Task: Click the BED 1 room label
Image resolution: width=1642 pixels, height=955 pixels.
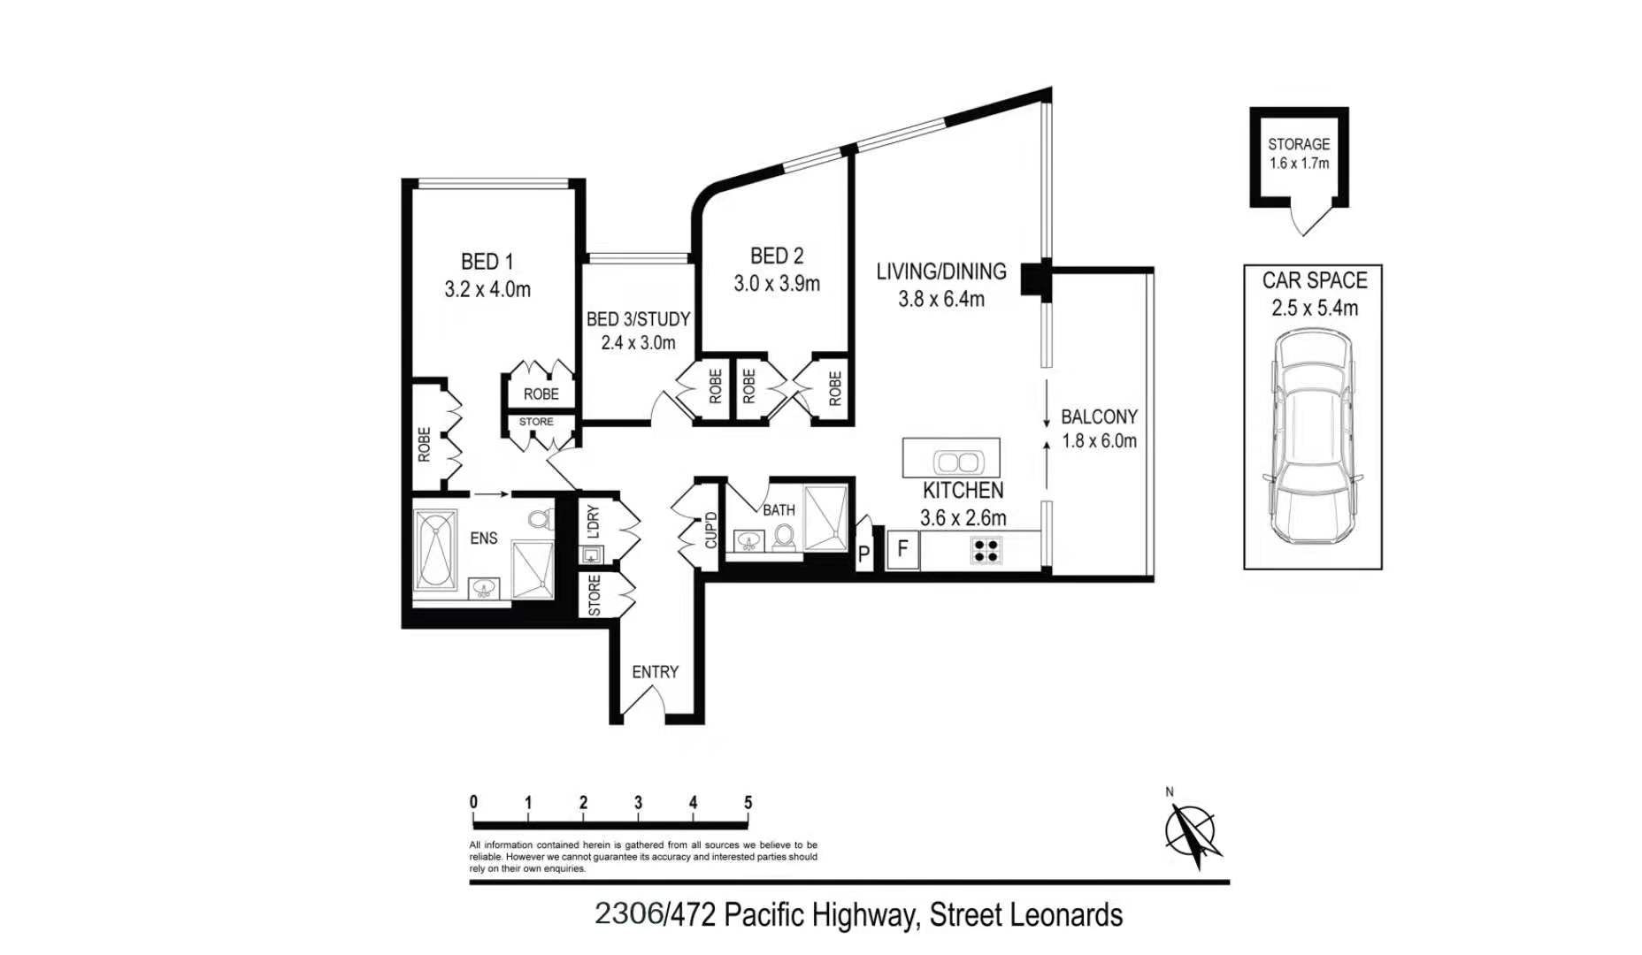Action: [x=487, y=262]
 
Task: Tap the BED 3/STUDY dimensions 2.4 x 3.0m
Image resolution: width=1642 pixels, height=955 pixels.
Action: [x=638, y=342]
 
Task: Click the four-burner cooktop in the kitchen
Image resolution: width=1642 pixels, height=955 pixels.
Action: [x=986, y=551]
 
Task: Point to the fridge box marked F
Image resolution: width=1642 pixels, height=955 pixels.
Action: [x=902, y=549]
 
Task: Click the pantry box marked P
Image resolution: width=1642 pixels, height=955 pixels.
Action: [x=864, y=554]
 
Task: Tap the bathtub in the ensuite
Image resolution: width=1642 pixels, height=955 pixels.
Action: [x=435, y=549]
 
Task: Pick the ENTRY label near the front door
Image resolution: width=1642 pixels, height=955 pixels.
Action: [x=655, y=672]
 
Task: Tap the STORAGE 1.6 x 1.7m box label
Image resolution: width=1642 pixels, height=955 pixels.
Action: [x=1298, y=153]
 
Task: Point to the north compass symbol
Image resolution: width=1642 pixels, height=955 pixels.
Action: [x=1193, y=832]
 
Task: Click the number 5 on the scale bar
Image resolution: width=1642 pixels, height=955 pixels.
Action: [x=748, y=803]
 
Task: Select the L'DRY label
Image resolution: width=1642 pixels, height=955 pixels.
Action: [x=594, y=523]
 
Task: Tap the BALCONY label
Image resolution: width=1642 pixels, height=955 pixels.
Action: [x=1099, y=416]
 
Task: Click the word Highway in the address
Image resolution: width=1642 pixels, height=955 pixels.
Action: [x=863, y=914]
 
